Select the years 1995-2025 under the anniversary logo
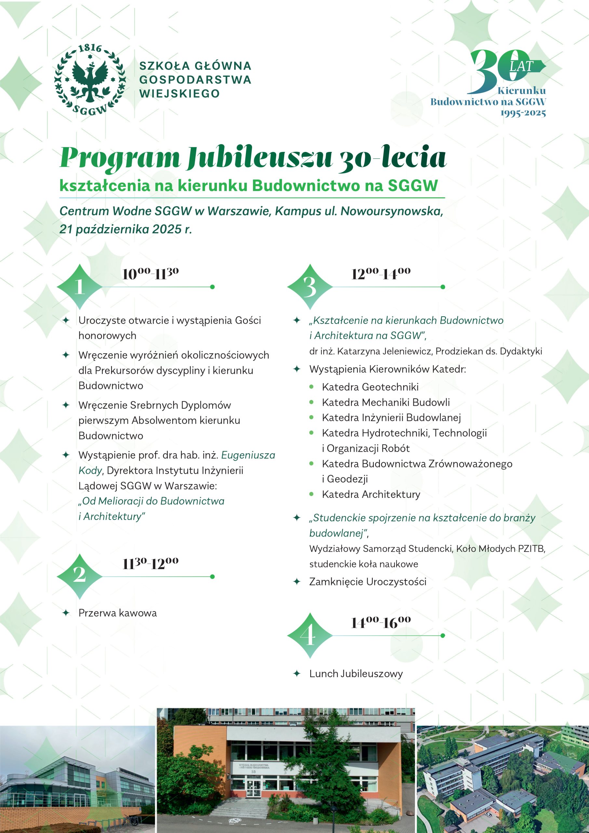click(523, 113)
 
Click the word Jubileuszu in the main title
click(259, 157)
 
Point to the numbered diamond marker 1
click(80, 287)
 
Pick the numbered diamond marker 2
click(80, 576)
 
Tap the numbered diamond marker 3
click(310, 287)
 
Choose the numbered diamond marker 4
click(310, 635)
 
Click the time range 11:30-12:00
click(150, 564)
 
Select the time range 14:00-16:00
click(381, 622)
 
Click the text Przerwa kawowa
click(117, 613)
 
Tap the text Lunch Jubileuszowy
click(356, 674)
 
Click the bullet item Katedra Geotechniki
click(370, 387)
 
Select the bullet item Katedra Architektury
click(371, 494)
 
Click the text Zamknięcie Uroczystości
click(368, 581)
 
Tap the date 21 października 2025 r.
click(126, 229)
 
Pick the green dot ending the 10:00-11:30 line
click(212, 287)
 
